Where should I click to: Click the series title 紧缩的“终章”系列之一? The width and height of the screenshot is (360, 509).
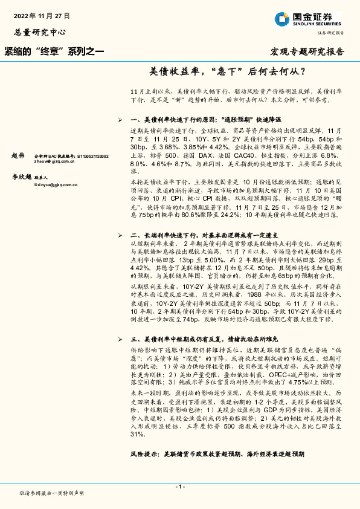point(54,53)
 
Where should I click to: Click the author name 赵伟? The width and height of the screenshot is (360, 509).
point(19,156)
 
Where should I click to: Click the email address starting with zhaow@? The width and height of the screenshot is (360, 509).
point(60,162)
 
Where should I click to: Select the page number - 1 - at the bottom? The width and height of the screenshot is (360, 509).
point(179,486)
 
